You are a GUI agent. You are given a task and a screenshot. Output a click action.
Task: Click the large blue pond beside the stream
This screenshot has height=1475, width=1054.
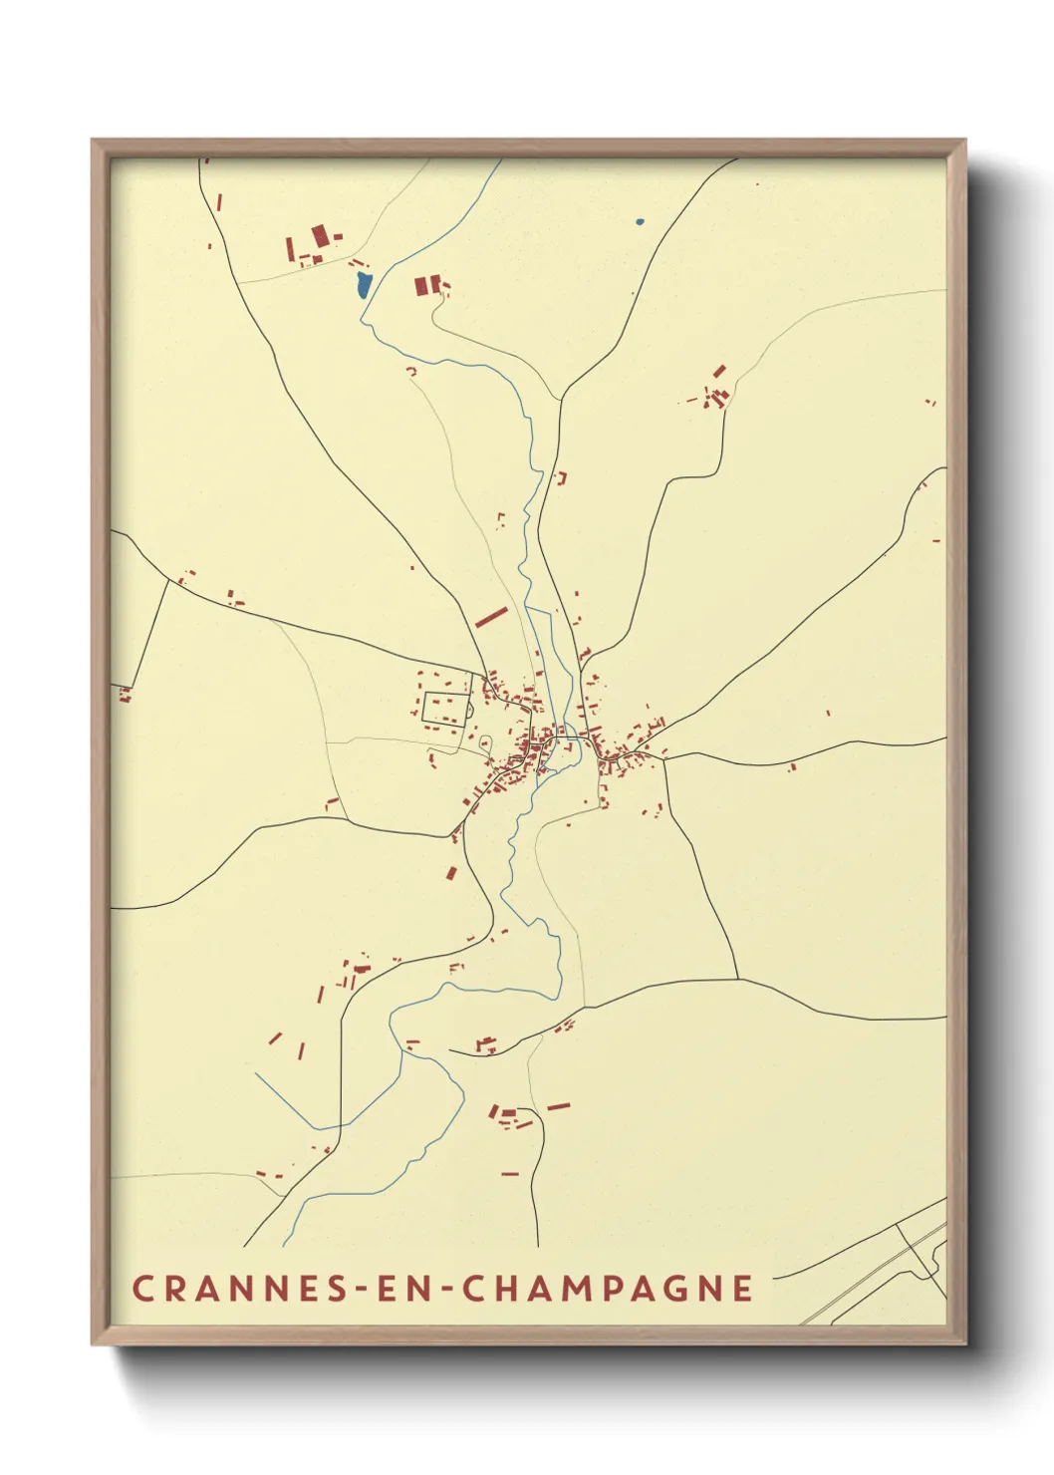tap(363, 285)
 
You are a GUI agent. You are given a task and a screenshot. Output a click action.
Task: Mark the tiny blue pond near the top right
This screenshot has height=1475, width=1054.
tap(639, 221)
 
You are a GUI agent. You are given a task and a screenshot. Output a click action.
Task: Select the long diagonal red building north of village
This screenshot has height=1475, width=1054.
tap(491, 617)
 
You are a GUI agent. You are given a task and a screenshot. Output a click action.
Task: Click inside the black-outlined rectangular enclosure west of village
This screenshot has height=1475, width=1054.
tap(445, 707)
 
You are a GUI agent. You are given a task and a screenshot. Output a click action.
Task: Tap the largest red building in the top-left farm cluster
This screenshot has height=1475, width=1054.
tap(320, 236)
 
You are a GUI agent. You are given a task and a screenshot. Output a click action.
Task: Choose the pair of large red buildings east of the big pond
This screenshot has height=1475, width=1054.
tap(427, 285)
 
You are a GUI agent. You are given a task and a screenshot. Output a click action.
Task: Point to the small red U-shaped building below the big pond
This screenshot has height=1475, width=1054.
tap(411, 371)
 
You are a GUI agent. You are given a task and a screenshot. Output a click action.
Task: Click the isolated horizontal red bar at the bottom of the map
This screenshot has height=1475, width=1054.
tap(510, 1174)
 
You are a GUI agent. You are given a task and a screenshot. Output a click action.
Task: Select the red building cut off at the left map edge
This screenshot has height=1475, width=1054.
tap(125, 694)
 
